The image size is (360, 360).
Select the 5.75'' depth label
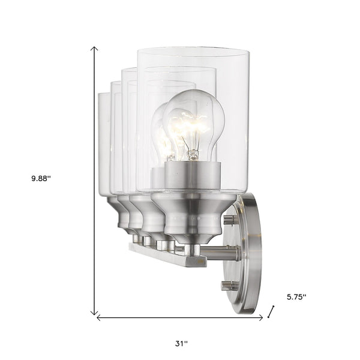pyautogui.click(x=296, y=296)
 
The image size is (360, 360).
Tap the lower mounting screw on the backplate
pyautogui.click(x=227, y=284)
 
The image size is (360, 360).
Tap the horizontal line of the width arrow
pyautogui.click(x=180, y=317)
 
